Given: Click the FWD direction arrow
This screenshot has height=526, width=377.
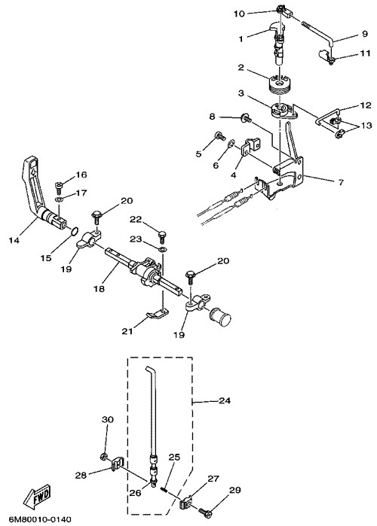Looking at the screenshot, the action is [37, 496].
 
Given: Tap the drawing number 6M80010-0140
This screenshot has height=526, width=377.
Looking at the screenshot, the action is [35, 520].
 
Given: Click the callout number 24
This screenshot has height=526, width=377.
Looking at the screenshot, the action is [225, 400].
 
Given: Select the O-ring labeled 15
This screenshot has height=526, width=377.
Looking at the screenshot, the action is [75, 231].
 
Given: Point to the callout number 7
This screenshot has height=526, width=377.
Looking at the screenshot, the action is [341, 183].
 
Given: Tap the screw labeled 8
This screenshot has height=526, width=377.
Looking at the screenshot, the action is [246, 117].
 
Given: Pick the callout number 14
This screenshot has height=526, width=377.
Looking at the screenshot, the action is [15, 241].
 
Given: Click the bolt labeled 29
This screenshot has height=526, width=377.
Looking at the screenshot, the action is [205, 512].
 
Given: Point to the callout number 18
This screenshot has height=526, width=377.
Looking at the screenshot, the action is [100, 288].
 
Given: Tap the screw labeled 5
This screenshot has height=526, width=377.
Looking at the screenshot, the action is [219, 136].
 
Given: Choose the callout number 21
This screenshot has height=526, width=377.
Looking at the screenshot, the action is [127, 331].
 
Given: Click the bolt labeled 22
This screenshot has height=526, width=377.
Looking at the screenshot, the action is [162, 234].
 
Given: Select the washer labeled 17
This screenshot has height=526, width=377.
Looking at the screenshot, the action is [59, 200].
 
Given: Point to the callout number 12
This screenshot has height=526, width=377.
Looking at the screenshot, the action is [365, 105].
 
